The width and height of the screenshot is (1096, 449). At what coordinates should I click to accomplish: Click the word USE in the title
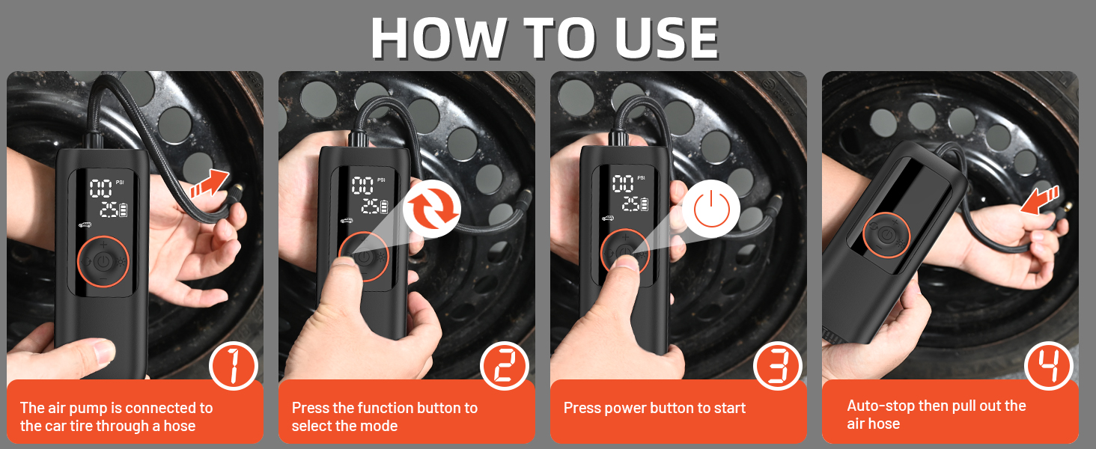[666, 37]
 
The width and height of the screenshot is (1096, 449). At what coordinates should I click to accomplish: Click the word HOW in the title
[438, 37]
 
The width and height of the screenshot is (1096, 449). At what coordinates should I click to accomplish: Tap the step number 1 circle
[234, 366]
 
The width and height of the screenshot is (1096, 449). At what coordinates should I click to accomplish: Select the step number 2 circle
[505, 366]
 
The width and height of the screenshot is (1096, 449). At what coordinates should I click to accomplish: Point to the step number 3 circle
[776, 366]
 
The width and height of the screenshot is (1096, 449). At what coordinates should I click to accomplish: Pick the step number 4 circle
[1049, 366]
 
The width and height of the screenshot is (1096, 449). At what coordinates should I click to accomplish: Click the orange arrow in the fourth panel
[1040, 201]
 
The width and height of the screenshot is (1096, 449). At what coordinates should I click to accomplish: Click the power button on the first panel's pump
[103, 262]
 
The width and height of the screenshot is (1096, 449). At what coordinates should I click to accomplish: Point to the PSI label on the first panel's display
[120, 183]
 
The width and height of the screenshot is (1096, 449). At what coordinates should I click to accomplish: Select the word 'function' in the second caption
[386, 408]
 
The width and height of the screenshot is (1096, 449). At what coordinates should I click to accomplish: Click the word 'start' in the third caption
[729, 408]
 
